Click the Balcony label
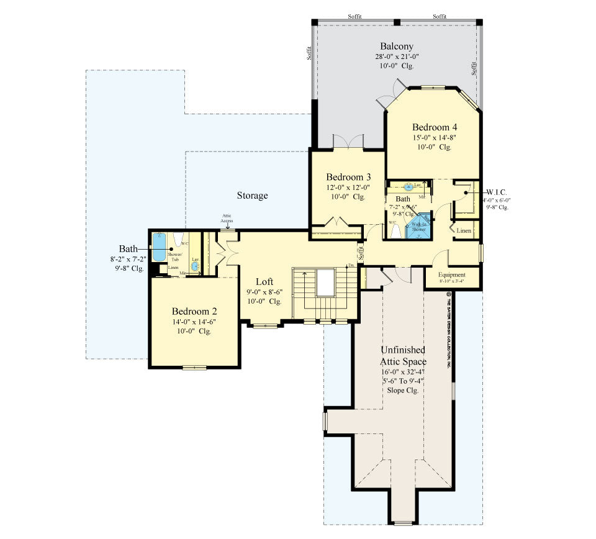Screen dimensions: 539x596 397,47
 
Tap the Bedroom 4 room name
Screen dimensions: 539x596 435,127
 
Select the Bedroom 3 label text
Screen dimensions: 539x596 348,176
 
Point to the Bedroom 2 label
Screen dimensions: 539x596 194,311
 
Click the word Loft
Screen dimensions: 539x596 264,281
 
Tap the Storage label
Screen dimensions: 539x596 252,196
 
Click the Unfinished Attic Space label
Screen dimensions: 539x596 403,356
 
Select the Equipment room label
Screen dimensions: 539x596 451,274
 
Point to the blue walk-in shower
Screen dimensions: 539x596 418,229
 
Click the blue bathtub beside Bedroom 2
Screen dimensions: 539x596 160,248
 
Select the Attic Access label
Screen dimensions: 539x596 227,219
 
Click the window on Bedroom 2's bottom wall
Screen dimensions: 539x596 194,368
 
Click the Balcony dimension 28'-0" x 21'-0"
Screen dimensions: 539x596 397,57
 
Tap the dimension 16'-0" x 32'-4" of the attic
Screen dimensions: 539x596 403,371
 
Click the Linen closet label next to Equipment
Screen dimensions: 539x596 464,231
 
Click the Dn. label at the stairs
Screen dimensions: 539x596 351,266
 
